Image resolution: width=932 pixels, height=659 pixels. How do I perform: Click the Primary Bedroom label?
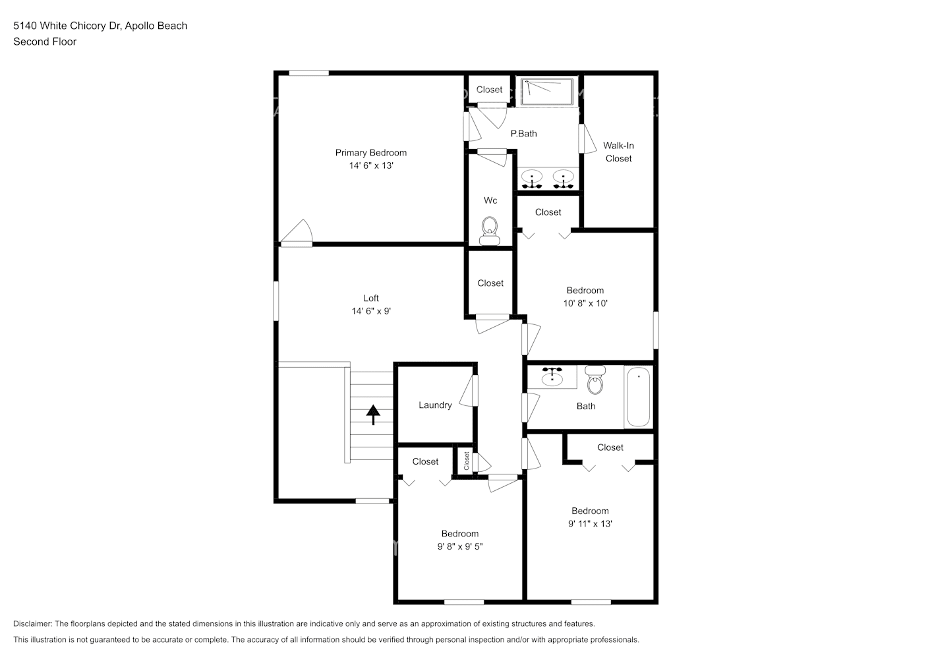click(370, 153)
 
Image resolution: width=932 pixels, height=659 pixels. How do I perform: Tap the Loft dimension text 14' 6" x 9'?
click(371, 311)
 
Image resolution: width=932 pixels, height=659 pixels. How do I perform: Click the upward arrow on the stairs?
click(373, 415)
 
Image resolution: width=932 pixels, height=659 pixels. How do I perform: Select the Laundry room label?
click(435, 405)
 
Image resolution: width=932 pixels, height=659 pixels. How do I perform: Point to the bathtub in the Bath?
click(638, 397)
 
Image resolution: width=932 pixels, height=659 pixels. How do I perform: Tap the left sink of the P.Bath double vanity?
click(531, 177)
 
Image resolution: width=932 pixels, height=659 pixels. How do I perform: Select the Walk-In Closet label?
click(618, 152)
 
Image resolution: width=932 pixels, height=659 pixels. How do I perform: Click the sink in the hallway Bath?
click(552, 377)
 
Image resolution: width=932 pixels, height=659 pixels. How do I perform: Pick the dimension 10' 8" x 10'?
click(585, 304)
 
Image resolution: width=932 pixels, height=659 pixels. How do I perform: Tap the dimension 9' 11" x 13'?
click(590, 524)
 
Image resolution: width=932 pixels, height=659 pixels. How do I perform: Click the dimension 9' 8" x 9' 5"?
click(460, 546)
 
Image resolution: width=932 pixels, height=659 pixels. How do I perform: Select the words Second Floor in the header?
click(45, 42)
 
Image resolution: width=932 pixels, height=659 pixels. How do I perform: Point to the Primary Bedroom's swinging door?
click(297, 232)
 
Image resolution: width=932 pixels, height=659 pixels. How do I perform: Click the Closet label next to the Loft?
click(490, 283)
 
